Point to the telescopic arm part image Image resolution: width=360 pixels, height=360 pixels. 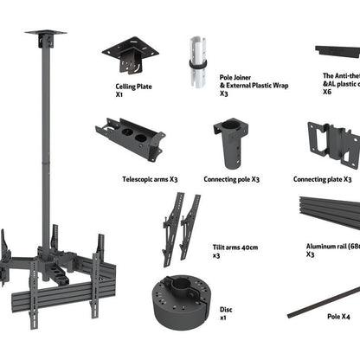(x=130, y=141)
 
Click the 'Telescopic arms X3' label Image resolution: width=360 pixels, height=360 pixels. (x=150, y=180)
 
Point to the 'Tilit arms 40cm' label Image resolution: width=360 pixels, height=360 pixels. (x=235, y=247)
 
